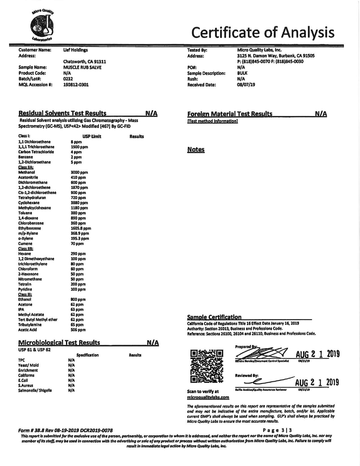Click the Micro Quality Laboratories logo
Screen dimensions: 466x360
[x=42, y=25]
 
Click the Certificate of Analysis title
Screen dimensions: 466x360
[x=263, y=32]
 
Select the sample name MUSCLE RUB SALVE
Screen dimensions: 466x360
[x=82, y=67]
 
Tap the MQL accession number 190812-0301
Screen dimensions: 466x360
[x=76, y=85]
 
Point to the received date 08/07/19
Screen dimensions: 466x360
[x=246, y=85]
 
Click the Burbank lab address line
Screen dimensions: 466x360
[x=276, y=56]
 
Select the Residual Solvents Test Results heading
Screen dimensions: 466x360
[x=62, y=113]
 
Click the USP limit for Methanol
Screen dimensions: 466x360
[x=79, y=172]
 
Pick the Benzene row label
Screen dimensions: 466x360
[x=25, y=157]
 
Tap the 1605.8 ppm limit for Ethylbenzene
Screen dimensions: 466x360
[x=81, y=228]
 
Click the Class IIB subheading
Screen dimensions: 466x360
[x=26, y=249]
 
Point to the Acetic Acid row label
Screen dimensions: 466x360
[x=27, y=330]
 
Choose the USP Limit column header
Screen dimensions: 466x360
[x=91, y=136]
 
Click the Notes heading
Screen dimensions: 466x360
[x=196, y=150]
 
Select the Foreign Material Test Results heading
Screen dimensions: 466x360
[x=230, y=114]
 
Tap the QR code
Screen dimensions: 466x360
[x=207, y=366]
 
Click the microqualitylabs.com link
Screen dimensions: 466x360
[x=208, y=397]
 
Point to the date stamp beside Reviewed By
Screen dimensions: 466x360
[x=317, y=383]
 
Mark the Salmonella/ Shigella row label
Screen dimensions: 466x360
[x=35, y=391]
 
